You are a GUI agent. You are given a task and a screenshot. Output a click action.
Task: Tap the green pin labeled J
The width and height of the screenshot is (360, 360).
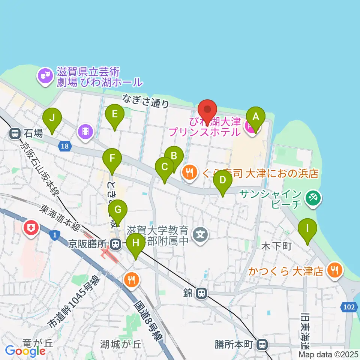[52, 120]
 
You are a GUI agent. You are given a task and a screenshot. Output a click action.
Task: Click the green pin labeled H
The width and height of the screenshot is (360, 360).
[136, 246]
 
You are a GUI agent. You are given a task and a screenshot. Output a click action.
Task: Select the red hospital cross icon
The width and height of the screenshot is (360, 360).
[31, 228]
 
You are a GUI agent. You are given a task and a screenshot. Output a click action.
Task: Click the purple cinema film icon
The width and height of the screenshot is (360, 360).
[85, 131]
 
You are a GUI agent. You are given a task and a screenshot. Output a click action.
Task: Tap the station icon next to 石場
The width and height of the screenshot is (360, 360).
[15, 132]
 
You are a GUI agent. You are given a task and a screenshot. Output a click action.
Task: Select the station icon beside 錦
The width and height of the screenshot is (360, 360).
[201, 293]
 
